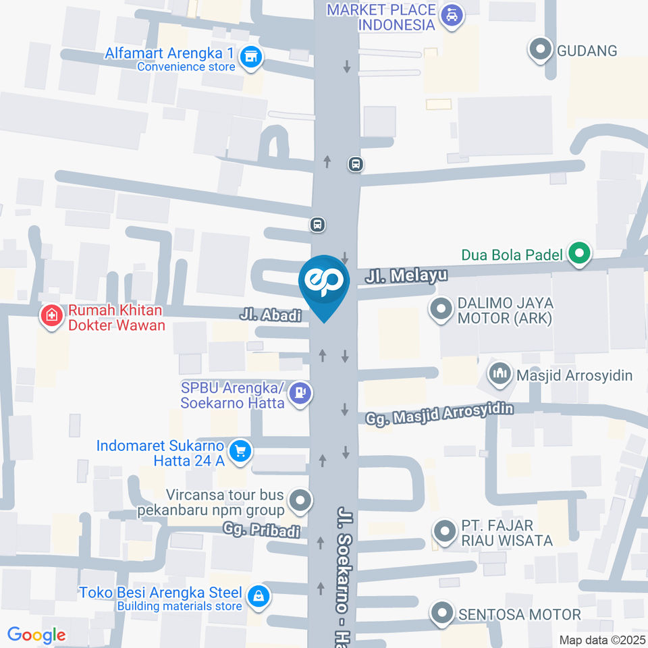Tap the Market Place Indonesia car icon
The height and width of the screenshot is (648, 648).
pos(451,15)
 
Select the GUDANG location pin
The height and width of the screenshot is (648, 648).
pos(539,50)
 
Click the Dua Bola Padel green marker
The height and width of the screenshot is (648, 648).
pos(578,254)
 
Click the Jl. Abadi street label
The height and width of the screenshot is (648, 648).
pos(270,315)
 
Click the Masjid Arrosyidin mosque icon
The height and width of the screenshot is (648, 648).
pos(500,373)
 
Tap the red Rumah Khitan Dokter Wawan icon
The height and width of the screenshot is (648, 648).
pos(51,315)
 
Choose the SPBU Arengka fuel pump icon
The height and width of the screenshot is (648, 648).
pos(301,393)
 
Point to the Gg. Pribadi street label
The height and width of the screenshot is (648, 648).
pos(263,531)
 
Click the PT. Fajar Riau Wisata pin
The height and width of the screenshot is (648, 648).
pos(444,531)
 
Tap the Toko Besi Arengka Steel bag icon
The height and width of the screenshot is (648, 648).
pos(258,596)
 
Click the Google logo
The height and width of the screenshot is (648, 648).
pos(36,635)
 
